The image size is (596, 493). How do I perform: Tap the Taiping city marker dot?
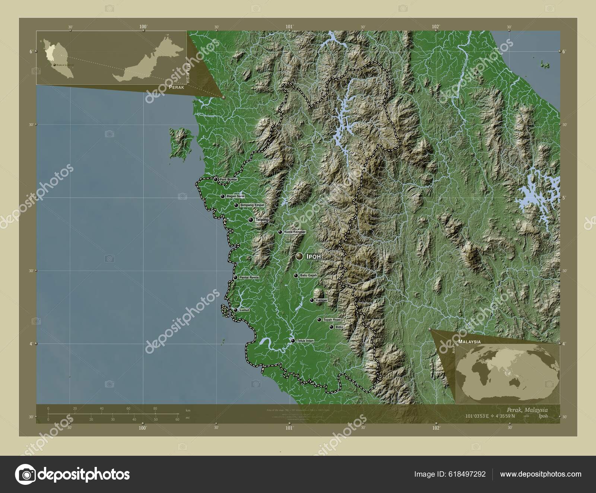tap(251, 220)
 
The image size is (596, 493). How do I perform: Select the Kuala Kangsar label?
tap(295, 232)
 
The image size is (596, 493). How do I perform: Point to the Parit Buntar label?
tap(228, 179)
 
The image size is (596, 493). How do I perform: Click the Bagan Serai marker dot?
tap(223, 196)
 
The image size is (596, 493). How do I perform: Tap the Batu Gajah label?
tap(308, 276)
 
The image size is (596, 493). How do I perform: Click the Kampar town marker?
tap(312, 300)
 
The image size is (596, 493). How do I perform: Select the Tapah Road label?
tap(332, 320)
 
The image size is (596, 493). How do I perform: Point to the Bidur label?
tap(339, 327)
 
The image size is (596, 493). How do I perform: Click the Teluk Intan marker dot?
tap(293, 341)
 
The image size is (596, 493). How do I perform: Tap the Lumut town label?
tap(244, 310)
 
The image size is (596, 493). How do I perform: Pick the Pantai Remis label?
tap(249, 277)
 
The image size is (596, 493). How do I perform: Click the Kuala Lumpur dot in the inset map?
tap(55, 65)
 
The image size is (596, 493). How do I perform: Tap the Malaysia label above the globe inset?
tap(469, 341)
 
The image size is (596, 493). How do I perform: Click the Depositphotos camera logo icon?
tap(25, 474)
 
